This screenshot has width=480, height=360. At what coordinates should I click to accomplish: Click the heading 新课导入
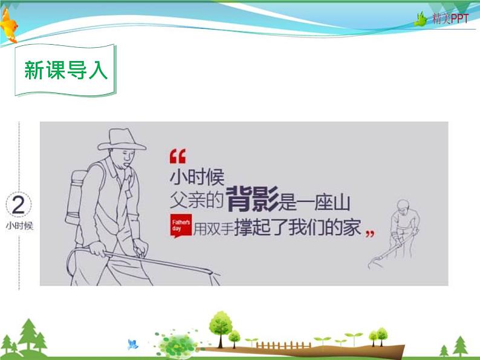point(66,70)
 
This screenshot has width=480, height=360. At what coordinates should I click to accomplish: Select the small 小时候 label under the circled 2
point(19,227)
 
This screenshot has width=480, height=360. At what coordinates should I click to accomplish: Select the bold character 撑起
point(249,227)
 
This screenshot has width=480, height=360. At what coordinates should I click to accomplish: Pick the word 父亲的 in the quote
point(197,200)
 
